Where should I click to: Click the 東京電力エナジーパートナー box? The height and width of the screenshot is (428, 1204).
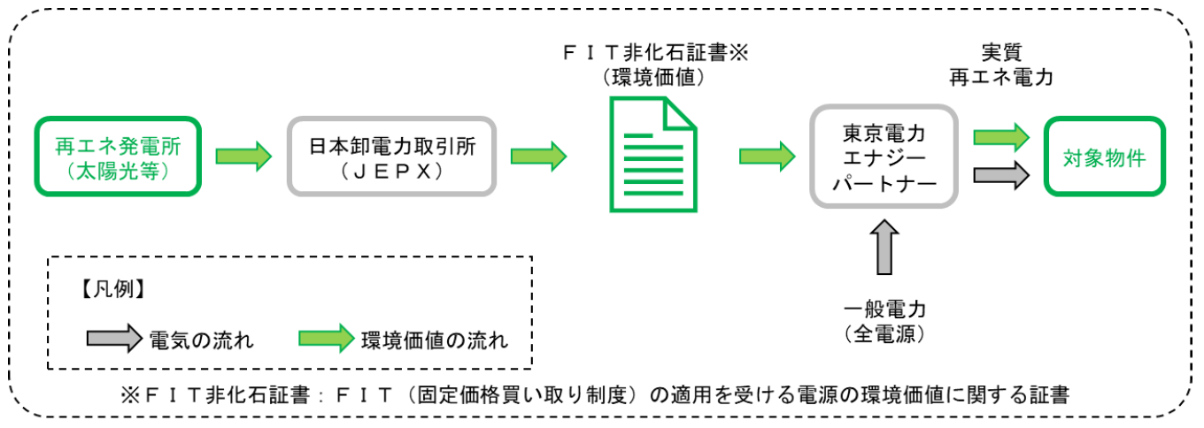[x=882, y=157]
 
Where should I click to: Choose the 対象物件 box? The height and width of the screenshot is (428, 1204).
[x=1105, y=157]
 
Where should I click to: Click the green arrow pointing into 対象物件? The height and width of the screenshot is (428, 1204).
[x=1000, y=138]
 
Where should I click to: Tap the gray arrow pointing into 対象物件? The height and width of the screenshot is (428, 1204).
[x=1000, y=175]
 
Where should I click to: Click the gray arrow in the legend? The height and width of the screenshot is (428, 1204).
[x=113, y=339]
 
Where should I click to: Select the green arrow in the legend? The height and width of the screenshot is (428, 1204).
[x=326, y=339]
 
